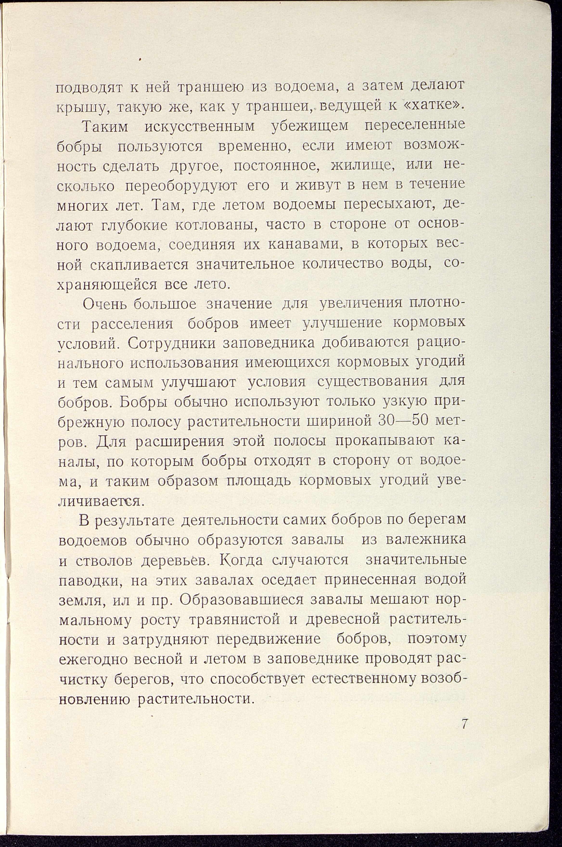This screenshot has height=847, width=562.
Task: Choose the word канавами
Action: [x=308, y=246]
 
